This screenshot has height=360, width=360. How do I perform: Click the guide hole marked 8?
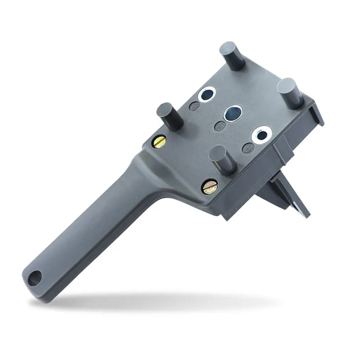tap(206, 94)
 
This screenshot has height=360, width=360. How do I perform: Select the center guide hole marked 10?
tap(232, 113)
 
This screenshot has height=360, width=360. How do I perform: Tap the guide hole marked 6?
tap(262, 135)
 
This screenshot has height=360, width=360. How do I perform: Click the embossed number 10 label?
tap(219, 126)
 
